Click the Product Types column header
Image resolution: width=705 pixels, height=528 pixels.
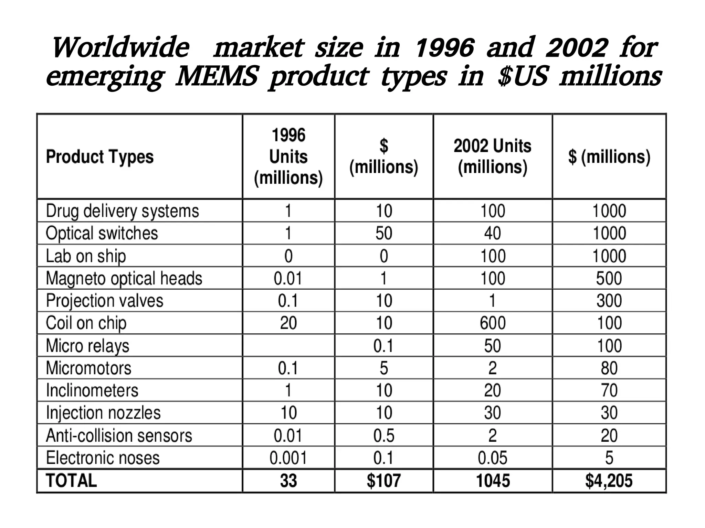click(x=100, y=157)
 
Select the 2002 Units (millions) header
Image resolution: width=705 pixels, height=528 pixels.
click(x=492, y=157)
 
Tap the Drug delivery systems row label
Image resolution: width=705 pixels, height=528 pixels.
click(x=122, y=211)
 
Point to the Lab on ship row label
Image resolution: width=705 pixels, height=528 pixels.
click(x=86, y=256)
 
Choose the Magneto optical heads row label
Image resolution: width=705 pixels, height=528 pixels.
click(x=124, y=278)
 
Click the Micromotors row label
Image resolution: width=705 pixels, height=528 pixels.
click(x=88, y=368)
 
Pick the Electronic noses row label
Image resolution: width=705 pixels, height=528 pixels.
click(x=103, y=458)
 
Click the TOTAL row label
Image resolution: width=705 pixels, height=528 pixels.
click(x=71, y=481)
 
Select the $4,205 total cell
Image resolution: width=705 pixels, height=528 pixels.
click(x=609, y=481)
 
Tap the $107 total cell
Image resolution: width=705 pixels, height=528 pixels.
click(x=383, y=481)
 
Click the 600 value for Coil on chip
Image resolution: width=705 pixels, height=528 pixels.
click(x=493, y=323)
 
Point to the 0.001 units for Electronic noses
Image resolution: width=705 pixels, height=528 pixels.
click(x=288, y=458)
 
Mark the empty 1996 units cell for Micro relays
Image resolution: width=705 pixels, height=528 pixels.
click(x=288, y=345)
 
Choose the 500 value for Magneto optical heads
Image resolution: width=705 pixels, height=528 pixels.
click(x=609, y=278)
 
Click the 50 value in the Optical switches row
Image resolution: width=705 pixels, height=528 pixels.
click(x=383, y=233)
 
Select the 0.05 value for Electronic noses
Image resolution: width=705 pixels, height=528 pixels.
click(x=493, y=458)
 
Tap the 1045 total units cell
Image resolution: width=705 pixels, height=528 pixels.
click(x=493, y=481)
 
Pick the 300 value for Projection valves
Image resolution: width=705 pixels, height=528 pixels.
click(x=609, y=301)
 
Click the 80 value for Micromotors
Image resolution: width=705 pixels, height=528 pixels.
click(x=609, y=368)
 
